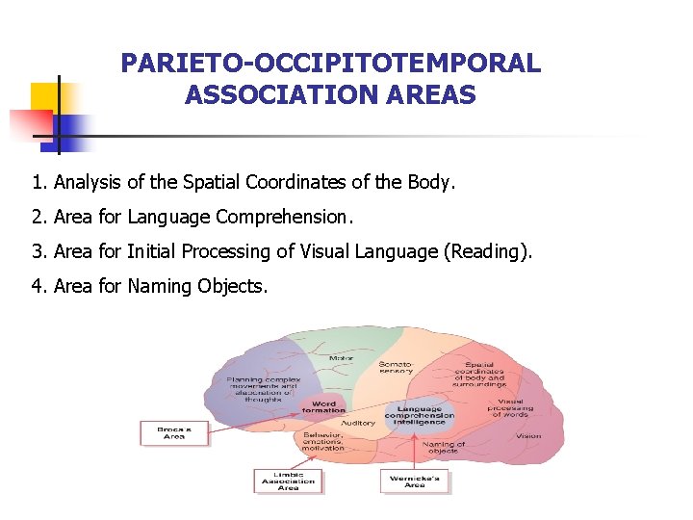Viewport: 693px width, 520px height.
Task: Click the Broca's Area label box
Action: [x=173, y=432]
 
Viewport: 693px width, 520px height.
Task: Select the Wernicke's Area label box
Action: [x=414, y=481]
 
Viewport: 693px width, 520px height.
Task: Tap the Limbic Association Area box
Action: [x=288, y=481]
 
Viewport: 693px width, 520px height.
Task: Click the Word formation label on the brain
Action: [x=323, y=407]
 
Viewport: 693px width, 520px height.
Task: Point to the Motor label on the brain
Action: [x=341, y=358]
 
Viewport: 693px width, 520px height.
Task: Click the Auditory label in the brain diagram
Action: [x=358, y=423]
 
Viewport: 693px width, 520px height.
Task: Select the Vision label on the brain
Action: [x=527, y=435]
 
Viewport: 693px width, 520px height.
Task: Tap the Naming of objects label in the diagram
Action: [x=444, y=448]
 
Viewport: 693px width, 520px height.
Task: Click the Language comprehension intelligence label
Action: [x=420, y=414]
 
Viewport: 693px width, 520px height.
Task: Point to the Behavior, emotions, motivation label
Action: [x=323, y=441]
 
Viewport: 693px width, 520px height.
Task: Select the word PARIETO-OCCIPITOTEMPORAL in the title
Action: [x=330, y=65]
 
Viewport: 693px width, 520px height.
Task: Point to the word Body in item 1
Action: [x=429, y=182]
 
